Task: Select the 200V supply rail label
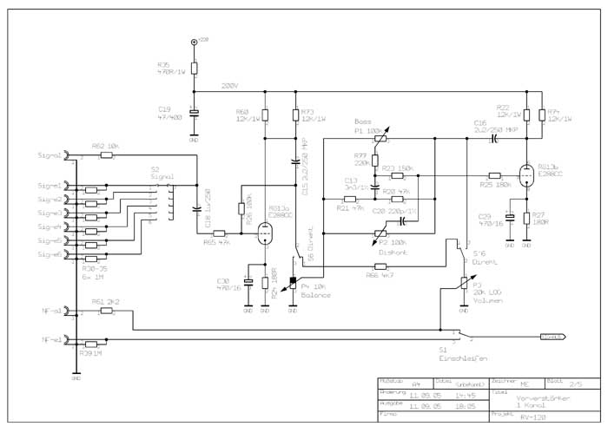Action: click(229, 86)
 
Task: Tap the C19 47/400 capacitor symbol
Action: click(194, 113)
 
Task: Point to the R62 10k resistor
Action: click(106, 155)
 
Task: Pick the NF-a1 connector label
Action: click(50, 310)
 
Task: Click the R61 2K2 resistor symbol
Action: click(106, 310)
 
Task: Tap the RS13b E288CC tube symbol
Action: click(525, 174)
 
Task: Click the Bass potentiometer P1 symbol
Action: click(375, 139)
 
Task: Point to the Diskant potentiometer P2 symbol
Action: click(377, 233)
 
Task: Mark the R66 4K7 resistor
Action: click(380, 266)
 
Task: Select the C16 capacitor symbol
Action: click(492, 137)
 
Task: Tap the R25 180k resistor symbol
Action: click(495, 174)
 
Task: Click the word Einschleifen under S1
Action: click(458, 357)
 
